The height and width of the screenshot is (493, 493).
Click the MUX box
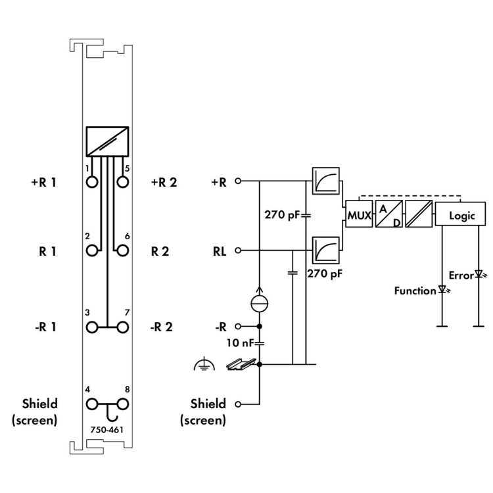click(x=358, y=215)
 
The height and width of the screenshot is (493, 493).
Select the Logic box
click(x=461, y=215)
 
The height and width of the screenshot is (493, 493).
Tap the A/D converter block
click(x=387, y=215)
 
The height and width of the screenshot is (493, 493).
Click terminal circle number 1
click(x=92, y=182)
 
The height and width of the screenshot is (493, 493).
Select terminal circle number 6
click(x=121, y=250)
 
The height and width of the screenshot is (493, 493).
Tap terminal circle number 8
click(x=121, y=404)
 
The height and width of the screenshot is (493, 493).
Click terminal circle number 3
click(x=92, y=327)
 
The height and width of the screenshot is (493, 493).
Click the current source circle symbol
click(x=260, y=303)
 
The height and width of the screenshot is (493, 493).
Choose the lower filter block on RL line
click(x=326, y=250)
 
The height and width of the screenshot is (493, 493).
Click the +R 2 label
click(x=164, y=182)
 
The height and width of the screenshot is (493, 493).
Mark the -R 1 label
click(x=44, y=327)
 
